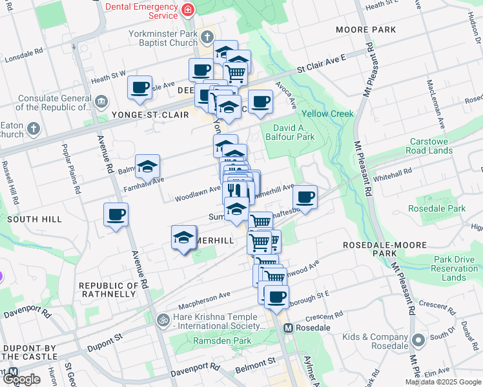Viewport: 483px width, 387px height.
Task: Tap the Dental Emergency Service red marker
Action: [x=188, y=10]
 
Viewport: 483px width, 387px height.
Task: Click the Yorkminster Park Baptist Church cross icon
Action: [x=207, y=37]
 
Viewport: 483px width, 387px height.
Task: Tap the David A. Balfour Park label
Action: [x=289, y=132]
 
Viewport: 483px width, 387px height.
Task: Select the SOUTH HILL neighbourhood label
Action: [x=34, y=219]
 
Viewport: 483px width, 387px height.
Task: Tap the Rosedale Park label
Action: [x=437, y=208]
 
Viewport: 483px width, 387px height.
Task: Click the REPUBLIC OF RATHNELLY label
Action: [x=108, y=290]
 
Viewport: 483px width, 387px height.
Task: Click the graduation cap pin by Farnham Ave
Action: [x=147, y=166]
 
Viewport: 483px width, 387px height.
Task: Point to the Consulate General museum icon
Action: [x=101, y=101]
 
